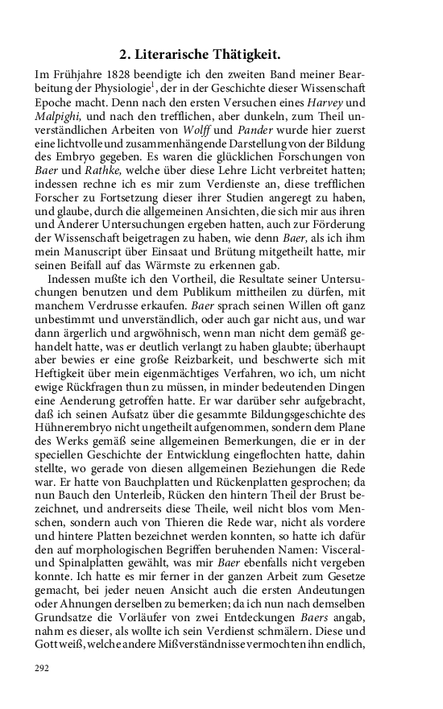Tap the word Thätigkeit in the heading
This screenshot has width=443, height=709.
click(249, 55)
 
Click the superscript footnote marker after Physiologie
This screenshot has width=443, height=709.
click(162, 86)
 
